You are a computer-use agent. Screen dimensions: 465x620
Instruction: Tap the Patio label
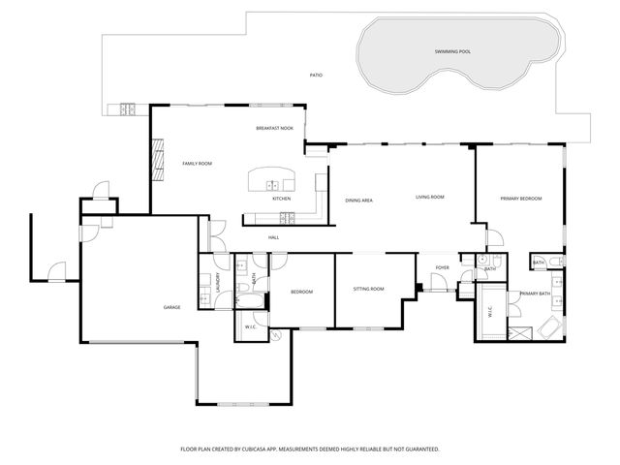pos(316,75)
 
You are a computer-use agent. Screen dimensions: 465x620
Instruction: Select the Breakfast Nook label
pos(274,128)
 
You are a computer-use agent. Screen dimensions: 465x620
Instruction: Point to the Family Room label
pos(198,163)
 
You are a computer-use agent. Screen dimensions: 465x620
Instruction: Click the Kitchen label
pos(281,199)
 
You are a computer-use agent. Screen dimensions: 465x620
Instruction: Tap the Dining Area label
pos(359,200)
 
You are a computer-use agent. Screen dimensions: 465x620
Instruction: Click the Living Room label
pos(429,197)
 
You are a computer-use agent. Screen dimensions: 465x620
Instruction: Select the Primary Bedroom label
pos(520,198)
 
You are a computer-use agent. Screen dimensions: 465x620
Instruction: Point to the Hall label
pos(274,237)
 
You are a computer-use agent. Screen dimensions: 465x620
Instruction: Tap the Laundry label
pos(219,284)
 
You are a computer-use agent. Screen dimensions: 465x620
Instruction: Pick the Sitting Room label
pos(368,289)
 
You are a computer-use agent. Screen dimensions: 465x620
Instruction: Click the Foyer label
pos(442,267)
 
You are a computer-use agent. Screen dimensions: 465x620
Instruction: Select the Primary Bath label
pos(535,294)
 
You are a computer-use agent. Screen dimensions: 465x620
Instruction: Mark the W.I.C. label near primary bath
pos(489,312)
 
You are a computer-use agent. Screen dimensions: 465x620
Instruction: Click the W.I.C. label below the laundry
pos(250,327)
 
